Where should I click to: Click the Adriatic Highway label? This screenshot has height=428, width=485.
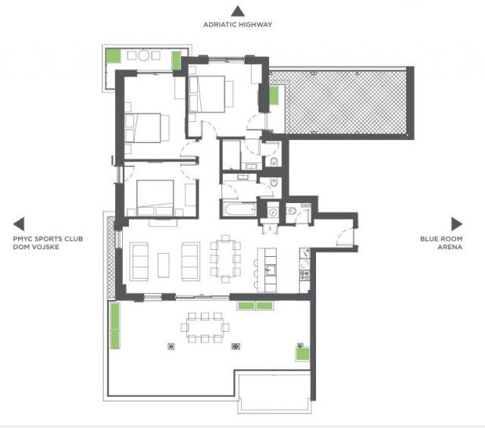(x=237, y=24)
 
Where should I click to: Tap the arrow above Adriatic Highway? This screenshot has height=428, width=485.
(x=238, y=11)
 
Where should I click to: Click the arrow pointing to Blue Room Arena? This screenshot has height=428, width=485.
(x=456, y=224)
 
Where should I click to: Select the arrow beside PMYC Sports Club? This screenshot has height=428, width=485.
(x=18, y=224)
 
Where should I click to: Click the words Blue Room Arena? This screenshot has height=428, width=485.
(x=441, y=242)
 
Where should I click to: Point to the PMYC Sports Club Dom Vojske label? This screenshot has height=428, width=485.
(x=48, y=242)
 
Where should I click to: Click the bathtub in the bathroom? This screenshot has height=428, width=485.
(x=239, y=210)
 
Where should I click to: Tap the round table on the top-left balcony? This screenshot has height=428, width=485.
(x=144, y=55)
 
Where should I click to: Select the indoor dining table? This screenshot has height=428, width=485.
(x=226, y=258)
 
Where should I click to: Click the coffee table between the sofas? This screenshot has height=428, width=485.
(x=164, y=265)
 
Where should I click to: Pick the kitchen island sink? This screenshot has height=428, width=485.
(x=270, y=270)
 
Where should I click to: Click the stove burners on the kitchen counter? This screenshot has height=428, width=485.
(x=305, y=275)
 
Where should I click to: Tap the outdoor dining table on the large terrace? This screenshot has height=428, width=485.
(x=205, y=327)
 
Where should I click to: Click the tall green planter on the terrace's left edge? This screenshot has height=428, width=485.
(x=115, y=326)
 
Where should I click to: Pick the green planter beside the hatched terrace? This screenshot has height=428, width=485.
(x=274, y=95)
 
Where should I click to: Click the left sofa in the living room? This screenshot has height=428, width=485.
(x=139, y=261)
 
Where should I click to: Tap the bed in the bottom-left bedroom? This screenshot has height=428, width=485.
(x=155, y=198)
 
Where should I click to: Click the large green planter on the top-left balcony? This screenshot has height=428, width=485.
(x=113, y=55)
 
